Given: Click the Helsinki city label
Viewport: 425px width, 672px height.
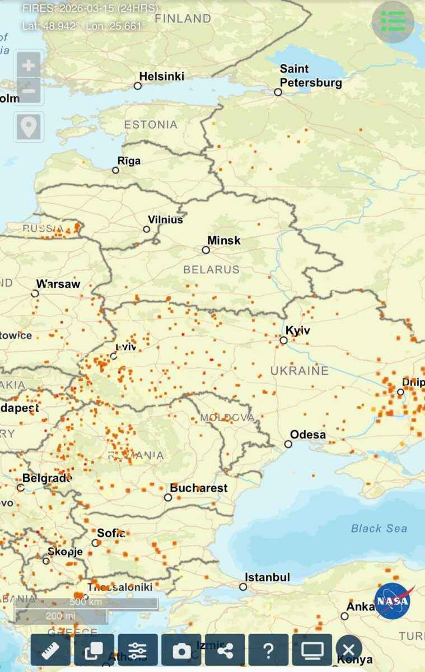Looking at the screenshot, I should pos(161,76).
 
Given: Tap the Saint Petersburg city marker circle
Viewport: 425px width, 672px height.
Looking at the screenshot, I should pos(278,92).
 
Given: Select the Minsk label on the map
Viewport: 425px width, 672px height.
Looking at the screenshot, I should pos(223,240).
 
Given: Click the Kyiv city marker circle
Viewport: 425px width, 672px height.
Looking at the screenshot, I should pos(283,340).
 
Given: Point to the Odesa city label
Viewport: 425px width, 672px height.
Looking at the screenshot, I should pos(308,435).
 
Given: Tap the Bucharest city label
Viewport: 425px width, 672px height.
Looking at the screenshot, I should pos(199,488).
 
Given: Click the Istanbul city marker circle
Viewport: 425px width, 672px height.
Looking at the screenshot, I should pos(243,587).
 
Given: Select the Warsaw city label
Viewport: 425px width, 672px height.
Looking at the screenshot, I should pos(58,284).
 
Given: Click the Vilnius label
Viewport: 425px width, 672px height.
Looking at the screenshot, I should pos(165,220).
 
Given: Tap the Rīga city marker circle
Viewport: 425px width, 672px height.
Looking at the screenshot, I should pos(116,170).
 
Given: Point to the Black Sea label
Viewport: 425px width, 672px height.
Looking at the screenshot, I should pos(379,528).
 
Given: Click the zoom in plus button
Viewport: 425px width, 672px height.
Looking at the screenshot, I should pos(29,66).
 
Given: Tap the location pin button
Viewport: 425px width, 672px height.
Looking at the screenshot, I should pos(29,127).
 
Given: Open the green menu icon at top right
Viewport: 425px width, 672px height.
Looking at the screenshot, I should pos(393,22).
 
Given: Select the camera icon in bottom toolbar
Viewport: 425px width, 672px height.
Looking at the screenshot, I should pos(181,650).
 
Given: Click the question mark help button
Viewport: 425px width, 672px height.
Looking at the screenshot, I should pos(268,650).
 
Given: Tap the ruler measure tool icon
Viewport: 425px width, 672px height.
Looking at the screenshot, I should pos(50,650).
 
